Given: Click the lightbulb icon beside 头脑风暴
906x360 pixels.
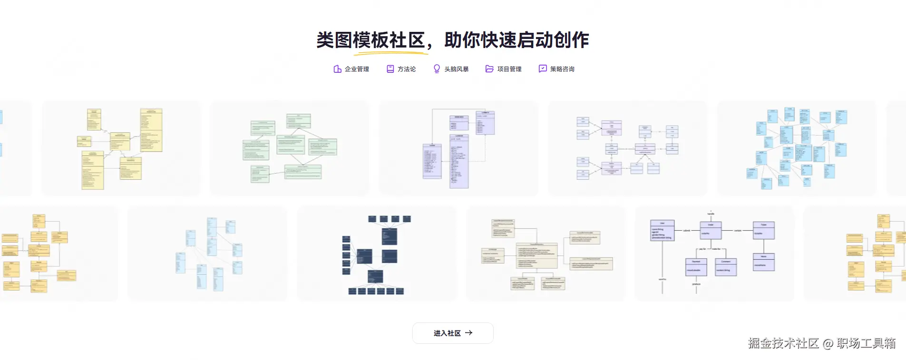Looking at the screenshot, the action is coord(437,69).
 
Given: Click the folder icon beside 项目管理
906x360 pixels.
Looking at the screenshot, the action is coord(489,69).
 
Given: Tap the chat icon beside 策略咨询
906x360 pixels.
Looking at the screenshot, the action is coord(543,69).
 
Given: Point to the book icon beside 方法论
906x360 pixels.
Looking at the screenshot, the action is coord(390,69).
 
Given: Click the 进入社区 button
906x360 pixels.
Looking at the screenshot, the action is coord(452,333).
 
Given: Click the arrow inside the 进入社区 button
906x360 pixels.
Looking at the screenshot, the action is coord(469,333).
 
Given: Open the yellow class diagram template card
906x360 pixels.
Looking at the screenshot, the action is coord(121,148).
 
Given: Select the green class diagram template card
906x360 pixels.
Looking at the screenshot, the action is coord(289,148).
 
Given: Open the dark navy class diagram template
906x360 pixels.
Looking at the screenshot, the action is coord(376,253).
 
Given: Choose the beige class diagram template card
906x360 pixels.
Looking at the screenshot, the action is coord(546,253).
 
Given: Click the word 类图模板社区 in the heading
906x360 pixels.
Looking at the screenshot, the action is coord(370,40).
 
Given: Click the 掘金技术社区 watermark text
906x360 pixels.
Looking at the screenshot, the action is coord(783,343).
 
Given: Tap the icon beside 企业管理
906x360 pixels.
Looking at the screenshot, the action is coord(337,69).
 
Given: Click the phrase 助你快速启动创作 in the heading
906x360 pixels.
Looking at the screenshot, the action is coord(516,40).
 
